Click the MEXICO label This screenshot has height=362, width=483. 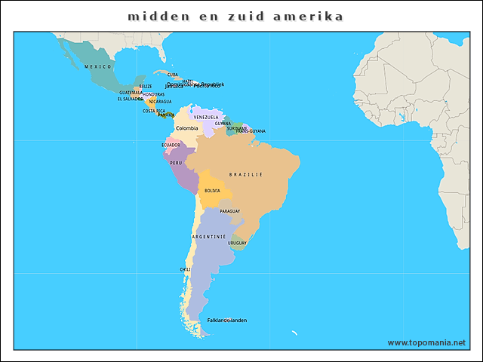(x=97, y=67)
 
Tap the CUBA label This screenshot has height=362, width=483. (x=173, y=75)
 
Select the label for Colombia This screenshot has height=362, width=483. (x=187, y=128)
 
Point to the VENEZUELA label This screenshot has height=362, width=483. (x=206, y=117)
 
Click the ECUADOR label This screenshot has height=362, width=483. (x=171, y=145)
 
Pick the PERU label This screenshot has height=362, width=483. (x=176, y=163)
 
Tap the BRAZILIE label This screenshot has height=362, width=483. (x=246, y=174)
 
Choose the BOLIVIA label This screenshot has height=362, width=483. (x=212, y=191)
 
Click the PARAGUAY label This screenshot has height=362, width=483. (x=230, y=211)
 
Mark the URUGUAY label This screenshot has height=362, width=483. (x=238, y=243)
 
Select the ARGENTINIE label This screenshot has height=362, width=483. (x=209, y=236)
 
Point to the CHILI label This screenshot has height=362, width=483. (x=185, y=268)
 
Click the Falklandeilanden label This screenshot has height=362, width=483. (x=226, y=320)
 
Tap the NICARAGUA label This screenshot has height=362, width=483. (x=160, y=101)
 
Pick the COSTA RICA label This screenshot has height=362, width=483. (x=154, y=111)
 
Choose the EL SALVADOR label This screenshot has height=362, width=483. (x=130, y=99)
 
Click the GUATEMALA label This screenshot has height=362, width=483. (x=131, y=92)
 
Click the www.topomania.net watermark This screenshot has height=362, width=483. (x=426, y=342)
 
